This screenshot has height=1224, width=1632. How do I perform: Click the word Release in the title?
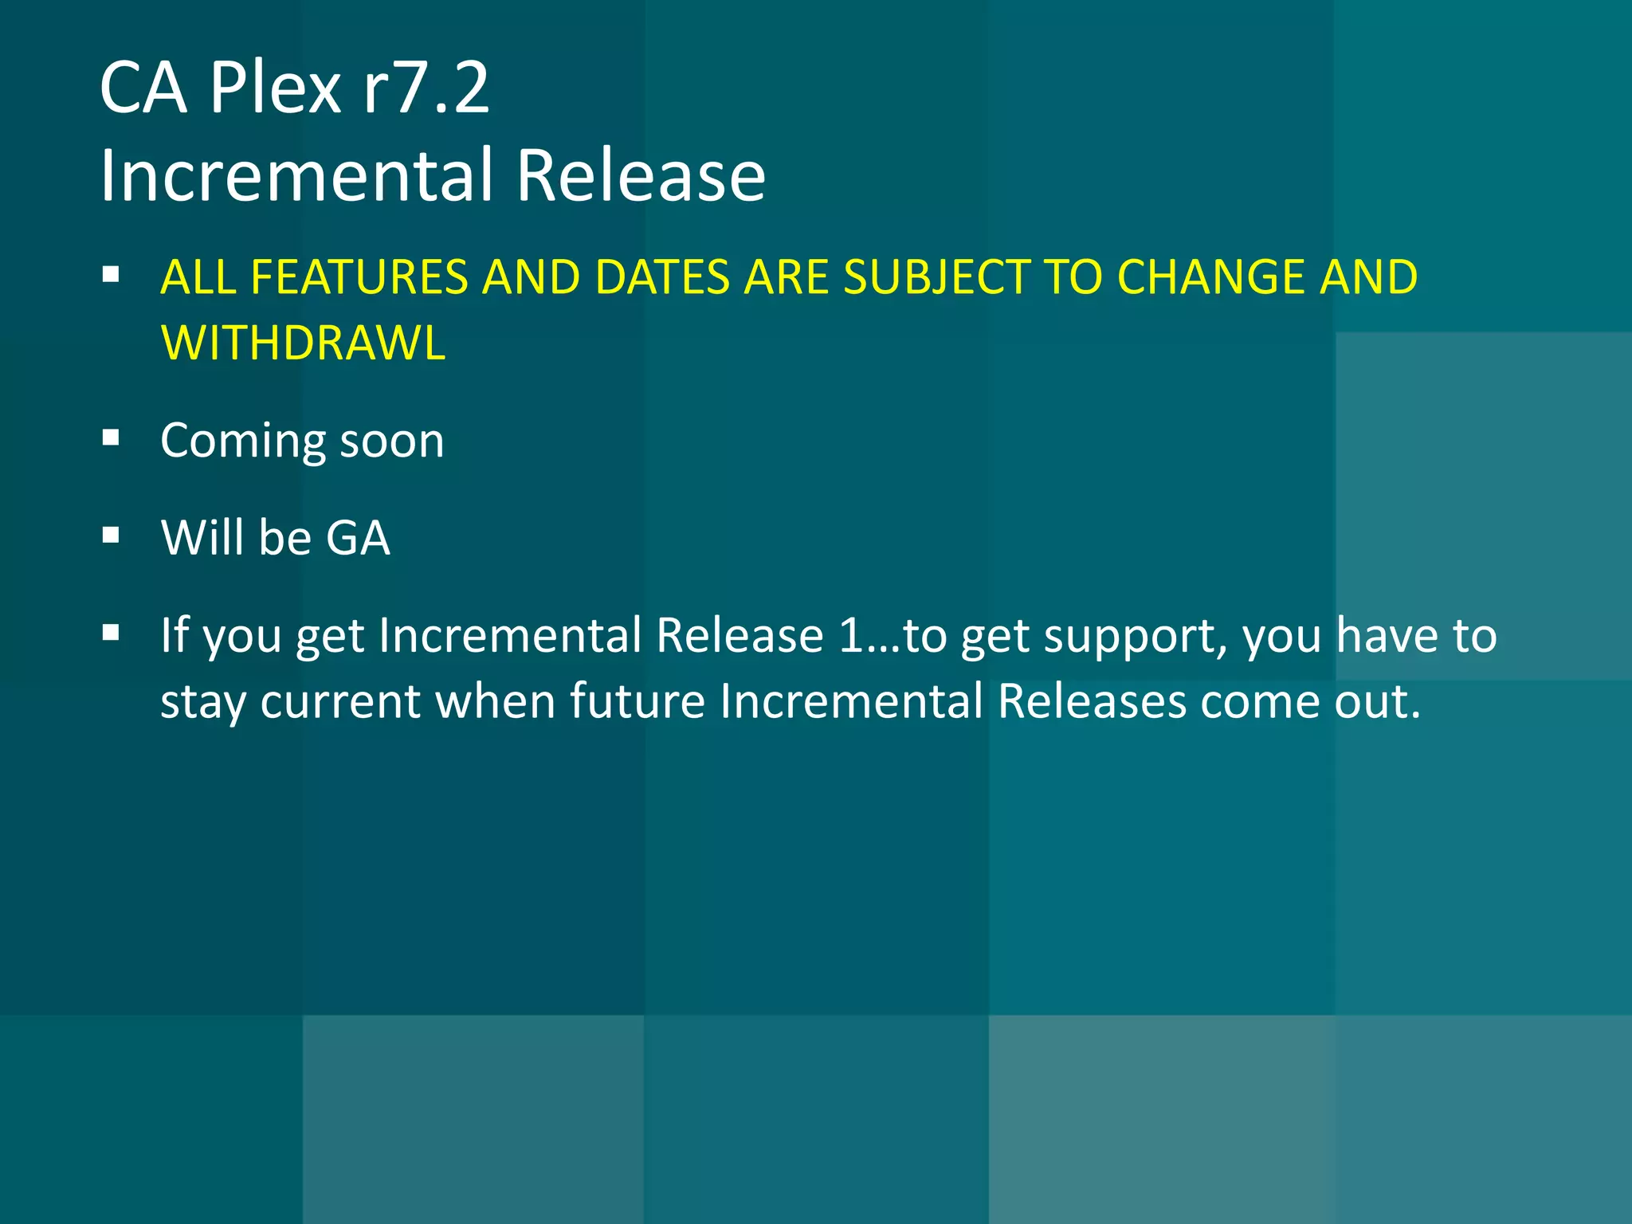click(641, 175)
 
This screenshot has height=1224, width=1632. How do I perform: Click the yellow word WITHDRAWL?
click(303, 343)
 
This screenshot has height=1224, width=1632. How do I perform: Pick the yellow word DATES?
click(662, 277)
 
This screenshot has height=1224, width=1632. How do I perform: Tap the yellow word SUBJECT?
click(936, 277)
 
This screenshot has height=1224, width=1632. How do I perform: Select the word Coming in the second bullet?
click(242, 441)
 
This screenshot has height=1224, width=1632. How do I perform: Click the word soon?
click(392, 441)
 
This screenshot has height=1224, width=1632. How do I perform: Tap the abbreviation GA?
click(358, 538)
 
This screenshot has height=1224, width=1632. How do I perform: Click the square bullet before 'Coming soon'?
click(111, 437)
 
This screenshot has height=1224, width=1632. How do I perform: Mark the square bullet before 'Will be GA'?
click(111, 535)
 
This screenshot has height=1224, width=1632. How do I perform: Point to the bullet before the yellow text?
click(111, 275)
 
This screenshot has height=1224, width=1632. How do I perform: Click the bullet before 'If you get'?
click(111, 633)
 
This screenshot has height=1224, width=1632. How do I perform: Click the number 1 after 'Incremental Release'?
click(851, 636)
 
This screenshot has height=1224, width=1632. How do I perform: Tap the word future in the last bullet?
click(637, 701)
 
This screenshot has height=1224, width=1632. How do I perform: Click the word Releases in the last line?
click(1092, 701)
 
